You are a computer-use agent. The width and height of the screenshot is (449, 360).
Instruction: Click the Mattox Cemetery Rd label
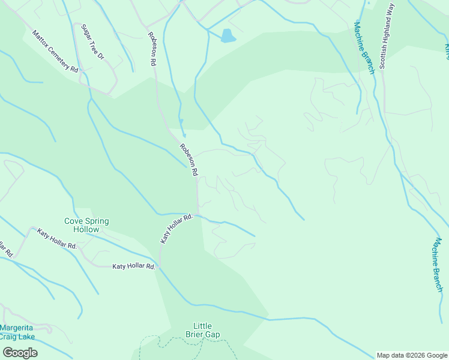pyautogui.click(x=56, y=52)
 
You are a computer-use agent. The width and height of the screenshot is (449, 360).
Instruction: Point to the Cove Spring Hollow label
pyautogui.click(x=86, y=225)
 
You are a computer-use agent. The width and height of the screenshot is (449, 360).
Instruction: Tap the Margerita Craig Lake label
pyautogui.click(x=17, y=332)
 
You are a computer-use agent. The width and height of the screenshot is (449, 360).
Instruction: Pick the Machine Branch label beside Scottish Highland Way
pyautogui.click(x=364, y=48)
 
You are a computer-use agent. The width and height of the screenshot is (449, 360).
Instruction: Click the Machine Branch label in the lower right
pyautogui.click(x=438, y=265)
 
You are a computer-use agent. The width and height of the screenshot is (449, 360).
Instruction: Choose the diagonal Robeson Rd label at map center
pyautogui.click(x=189, y=160)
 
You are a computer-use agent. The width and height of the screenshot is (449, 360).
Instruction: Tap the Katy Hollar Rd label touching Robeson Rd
pyautogui.click(x=176, y=229)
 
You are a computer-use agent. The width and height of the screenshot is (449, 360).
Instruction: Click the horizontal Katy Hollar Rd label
pyautogui.click(x=134, y=266)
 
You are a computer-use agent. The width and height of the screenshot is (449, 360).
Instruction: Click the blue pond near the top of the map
pyautogui.click(x=228, y=36)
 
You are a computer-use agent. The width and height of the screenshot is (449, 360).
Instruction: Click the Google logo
pyautogui.click(x=20, y=352)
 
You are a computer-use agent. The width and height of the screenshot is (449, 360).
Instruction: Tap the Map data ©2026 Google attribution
pyautogui.click(x=412, y=355)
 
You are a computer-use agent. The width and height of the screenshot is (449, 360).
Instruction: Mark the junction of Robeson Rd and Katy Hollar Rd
pyautogui.click(x=197, y=214)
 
